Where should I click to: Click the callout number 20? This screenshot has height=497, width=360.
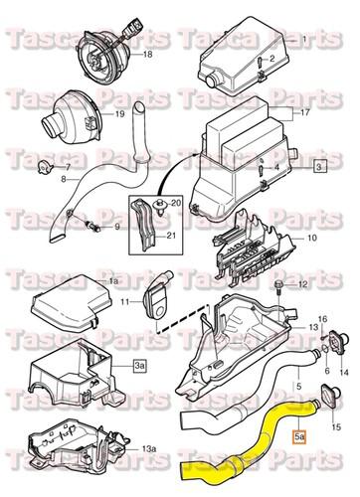[177, 204]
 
